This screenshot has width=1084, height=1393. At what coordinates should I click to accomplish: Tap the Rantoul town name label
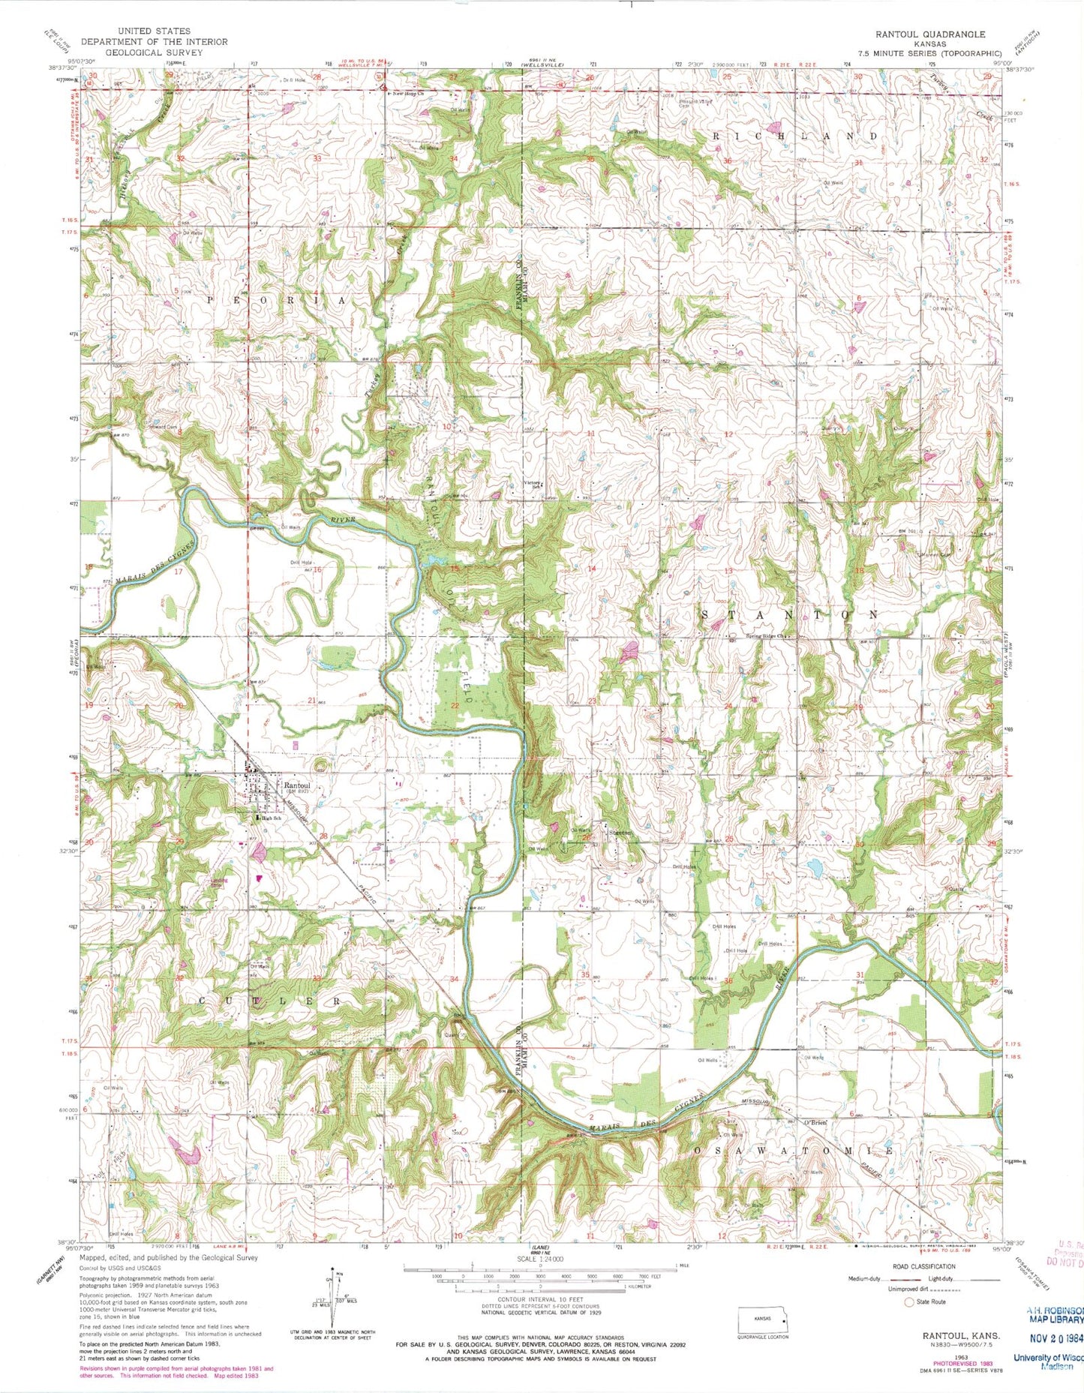click(297, 787)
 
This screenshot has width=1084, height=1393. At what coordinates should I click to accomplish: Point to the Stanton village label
click(620, 833)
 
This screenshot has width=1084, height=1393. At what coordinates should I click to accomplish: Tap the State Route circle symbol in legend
click(911, 1301)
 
